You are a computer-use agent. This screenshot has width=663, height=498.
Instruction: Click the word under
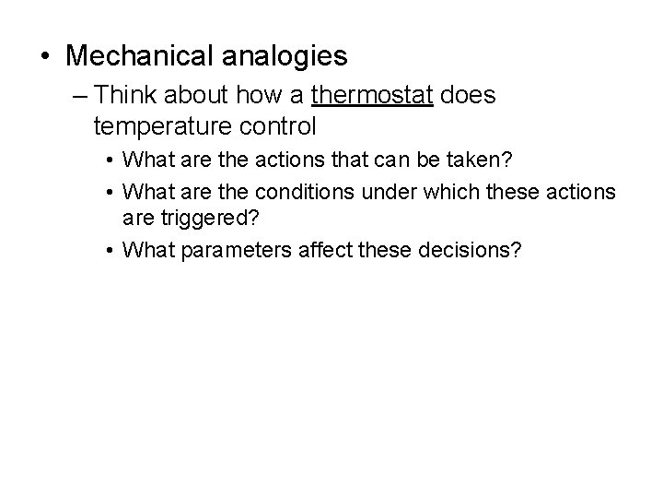[390, 193]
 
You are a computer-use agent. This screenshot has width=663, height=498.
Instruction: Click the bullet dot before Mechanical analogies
[45, 57]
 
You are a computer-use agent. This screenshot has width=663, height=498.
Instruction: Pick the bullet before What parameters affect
[109, 250]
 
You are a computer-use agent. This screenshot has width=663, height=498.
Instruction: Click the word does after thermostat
[467, 95]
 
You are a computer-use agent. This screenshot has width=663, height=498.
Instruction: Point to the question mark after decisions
[516, 250]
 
